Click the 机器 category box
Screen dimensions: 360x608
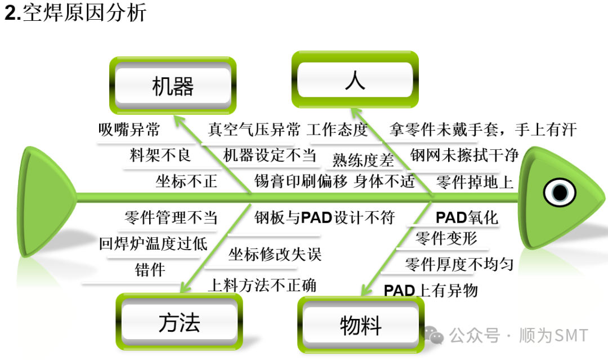click(x=173, y=87)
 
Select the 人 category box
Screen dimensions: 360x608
click(x=355, y=81)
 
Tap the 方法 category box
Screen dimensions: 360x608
click(x=179, y=323)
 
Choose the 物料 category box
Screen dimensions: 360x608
click(x=361, y=325)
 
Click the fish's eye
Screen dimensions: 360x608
click(x=560, y=193)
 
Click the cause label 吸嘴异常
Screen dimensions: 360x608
click(x=129, y=130)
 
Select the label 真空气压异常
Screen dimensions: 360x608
click(x=254, y=130)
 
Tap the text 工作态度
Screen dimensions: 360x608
click(x=337, y=130)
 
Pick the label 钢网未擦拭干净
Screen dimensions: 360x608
click(x=464, y=155)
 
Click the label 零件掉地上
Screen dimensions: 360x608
click(x=475, y=182)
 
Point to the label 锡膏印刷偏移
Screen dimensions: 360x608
click(x=301, y=181)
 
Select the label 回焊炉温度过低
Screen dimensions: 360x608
click(x=153, y=243)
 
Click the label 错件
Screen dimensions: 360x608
click(x=150, y=270)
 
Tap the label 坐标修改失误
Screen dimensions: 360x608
click(x=275, y=254)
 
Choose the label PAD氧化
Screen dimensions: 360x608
click(x=467, y=217)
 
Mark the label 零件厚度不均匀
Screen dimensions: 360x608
click(x=459, y=264)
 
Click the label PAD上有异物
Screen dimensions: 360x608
click(x=431, y=290)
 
